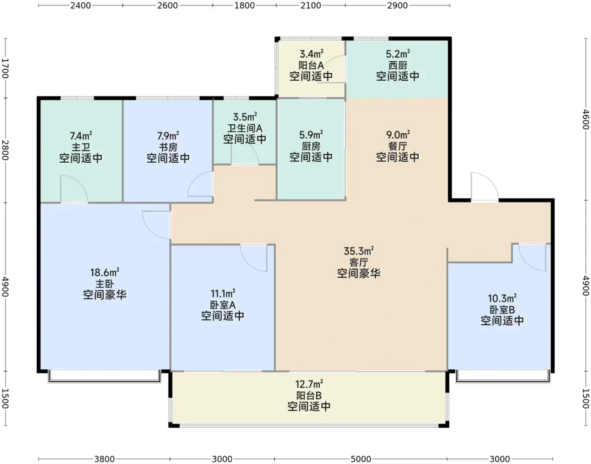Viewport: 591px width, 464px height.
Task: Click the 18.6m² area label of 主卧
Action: tap(105, 272)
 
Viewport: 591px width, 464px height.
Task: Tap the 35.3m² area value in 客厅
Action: tap(359, 251)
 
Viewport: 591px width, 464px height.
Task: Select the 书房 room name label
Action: tap(168, 147)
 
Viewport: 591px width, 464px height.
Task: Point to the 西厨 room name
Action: tap(398, 66)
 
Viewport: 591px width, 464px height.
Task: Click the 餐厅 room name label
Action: tap(398, 146)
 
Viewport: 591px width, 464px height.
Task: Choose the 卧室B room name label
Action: tap(502, 310)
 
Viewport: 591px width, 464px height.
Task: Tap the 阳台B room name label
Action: tap(309, 395)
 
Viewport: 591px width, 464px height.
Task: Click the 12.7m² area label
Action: tap(309, 384)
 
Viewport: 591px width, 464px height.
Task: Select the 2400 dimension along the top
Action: tap(81, 5)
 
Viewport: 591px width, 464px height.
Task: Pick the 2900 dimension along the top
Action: tap(397, 5)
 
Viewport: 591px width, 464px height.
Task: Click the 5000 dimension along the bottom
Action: tap(361, 459)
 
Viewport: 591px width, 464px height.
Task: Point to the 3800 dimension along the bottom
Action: tap(104, 459)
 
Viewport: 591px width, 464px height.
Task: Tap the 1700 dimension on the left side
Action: tap(5, 68)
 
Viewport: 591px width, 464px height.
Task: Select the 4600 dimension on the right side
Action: tap(586, 119)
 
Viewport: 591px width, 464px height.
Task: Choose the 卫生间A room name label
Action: tap(245, 128)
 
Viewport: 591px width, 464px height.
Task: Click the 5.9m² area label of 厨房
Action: tap(311, 134)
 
